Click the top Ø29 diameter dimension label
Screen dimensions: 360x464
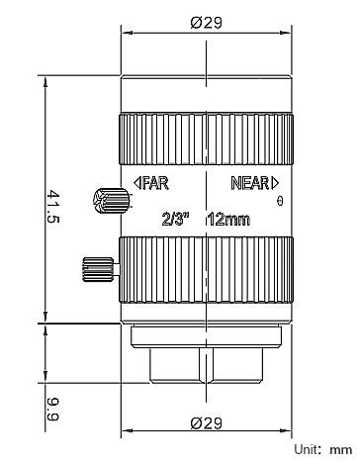[207, 23]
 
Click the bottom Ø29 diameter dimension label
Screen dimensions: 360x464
[207, 423]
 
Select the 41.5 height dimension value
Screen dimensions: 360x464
[52, 207]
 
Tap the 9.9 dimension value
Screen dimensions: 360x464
[52, 410]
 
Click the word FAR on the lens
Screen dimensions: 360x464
[155, 183]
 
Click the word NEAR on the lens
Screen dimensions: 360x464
[250, 183]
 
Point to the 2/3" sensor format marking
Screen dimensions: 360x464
[176, 219]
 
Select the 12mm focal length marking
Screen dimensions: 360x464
[228, 220]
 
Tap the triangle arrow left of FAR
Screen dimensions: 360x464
[137, 183]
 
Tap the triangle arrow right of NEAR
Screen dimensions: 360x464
[275, 183]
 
